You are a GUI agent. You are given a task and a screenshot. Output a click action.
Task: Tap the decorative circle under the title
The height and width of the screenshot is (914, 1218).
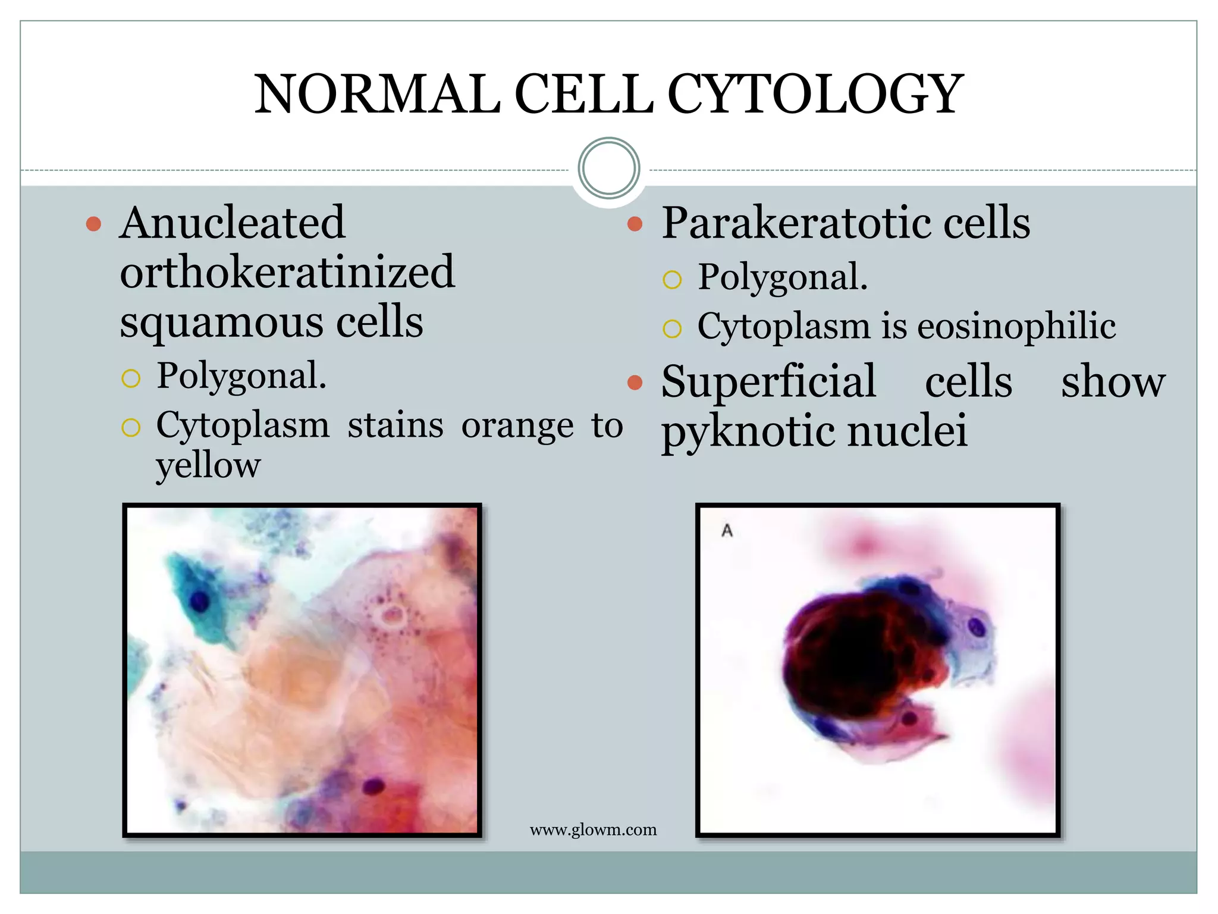coord(608,168)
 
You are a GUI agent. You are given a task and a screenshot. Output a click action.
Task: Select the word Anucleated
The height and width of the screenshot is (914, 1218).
coord(232,223)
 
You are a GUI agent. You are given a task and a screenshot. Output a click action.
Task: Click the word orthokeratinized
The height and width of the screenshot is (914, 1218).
coord(287,273)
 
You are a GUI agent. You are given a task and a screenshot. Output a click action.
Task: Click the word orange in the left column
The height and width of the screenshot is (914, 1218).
coord(517,426)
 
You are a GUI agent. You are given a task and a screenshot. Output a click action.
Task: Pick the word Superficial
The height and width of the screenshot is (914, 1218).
coord(768,381)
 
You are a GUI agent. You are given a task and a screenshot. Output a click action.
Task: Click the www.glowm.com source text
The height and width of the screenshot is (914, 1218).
coord(593,830)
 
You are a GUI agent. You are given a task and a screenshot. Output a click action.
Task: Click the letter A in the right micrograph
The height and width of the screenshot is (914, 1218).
coord(727,530)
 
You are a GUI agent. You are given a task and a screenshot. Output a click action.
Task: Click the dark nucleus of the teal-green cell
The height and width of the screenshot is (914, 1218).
coord(199,602)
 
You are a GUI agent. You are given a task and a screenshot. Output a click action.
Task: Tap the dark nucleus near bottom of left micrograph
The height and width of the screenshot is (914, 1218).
coord(373,787)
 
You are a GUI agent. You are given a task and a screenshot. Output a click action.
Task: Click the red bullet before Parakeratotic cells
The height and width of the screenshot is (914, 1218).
coord(635,224)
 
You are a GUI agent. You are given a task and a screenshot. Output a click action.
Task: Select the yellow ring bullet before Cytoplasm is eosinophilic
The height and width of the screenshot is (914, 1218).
coord(671,328)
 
